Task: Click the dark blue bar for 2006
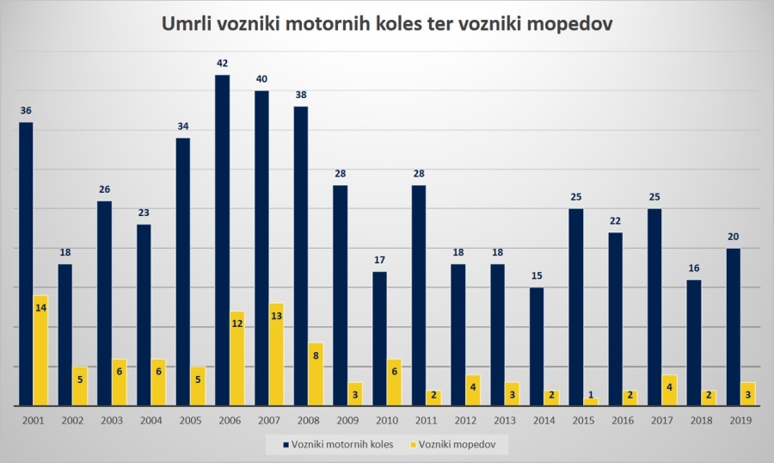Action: (222, 240)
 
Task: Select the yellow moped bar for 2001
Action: (40, 350)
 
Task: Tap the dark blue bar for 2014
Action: (537, 346)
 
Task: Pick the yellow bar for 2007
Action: (276, 354)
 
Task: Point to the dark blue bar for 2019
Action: (733, 327)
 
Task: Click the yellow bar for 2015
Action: (590, 401)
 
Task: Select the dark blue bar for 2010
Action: (379, 338)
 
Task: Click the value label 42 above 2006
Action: (222, 63)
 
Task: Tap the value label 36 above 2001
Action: (26, 110)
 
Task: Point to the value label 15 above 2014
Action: (537, 275)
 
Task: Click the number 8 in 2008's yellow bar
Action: (315, 354)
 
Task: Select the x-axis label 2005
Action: (190, 420)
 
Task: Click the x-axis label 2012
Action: (465, 420)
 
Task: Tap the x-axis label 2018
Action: (701, 420)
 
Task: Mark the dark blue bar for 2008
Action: (301, 256)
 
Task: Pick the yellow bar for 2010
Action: (394, 382)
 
